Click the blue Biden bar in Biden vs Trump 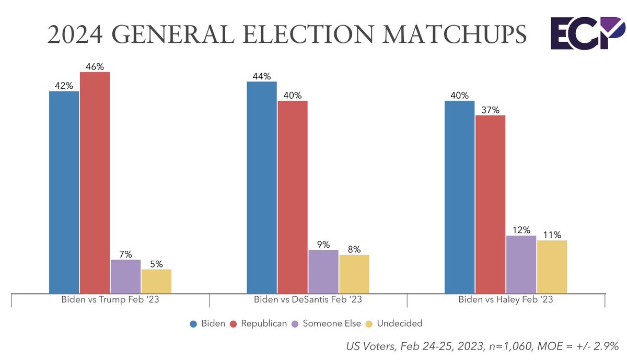[x=64, y=192]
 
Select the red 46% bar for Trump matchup [x=95, y=183]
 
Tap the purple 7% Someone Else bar [x=125, y=276]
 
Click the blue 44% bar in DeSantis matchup [x=262, y=188]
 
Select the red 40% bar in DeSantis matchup [x=293, y=197]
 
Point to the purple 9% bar [x=323, y=272]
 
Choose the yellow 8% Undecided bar [x=354, y=274]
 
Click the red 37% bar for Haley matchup [x=490, y=204]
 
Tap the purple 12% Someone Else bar [x=521, y=264]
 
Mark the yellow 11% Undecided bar [x=552, y=267]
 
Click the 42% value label [x=64, y=86]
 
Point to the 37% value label [x=490, y=110]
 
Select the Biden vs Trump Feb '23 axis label [x=110, y=300]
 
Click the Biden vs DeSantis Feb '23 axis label [x=308, y=300]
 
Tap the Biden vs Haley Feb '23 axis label [x=505, y=300]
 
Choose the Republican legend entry [x=263, y=323]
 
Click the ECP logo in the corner [x=587, y=33]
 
